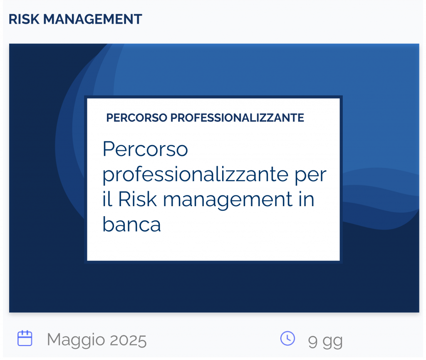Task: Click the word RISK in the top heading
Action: [x=24, y=19]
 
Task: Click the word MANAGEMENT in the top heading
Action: [x=93, y=19]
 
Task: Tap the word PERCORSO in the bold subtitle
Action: [x=136, y=118]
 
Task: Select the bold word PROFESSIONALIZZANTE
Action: [x=237, y=118]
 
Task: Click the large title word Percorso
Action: [x=145, y=149]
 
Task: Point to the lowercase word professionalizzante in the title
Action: [x=196, y=175]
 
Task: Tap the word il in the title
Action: [x=107, y=199]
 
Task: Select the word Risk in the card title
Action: [x=137, y=199]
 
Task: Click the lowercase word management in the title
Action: [x=228, y=201]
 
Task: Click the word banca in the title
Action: [x=132, y=224]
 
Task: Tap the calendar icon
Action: [x=25, y=338]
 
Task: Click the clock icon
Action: [x=287, y=338]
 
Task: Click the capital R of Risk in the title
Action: [x=124, y=199]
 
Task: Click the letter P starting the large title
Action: [x=108, y=149]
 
